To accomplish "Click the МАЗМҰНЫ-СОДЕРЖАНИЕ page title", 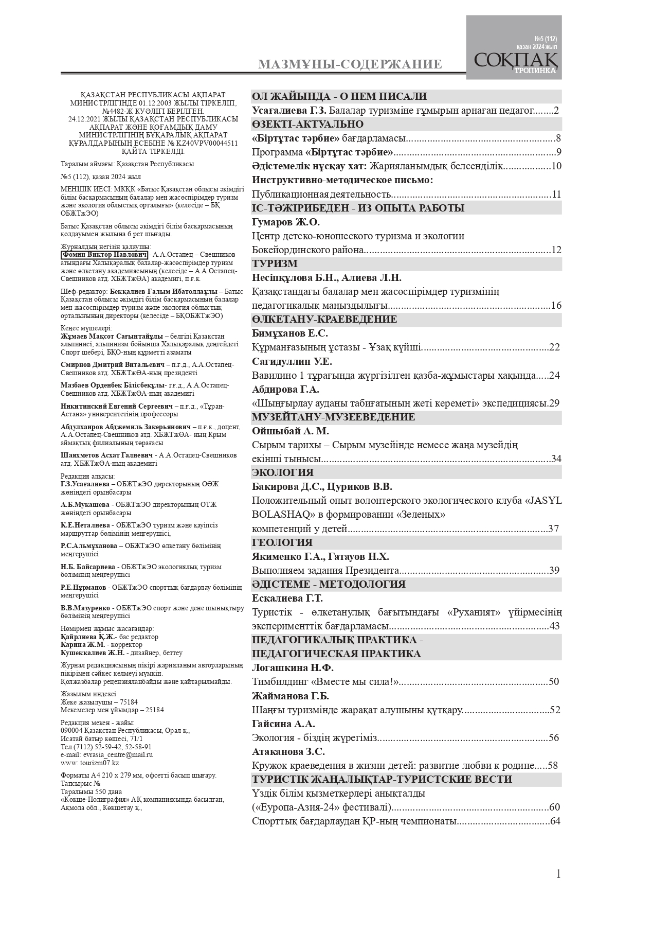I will [x=350, y=64].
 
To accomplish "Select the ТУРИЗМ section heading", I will [x=275, y=264].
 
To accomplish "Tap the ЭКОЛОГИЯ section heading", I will [x=283, y=472].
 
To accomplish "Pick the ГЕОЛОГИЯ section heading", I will [x=282, y=542].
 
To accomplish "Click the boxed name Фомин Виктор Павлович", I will [x=104, y=255].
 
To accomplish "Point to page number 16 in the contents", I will [x=556, y=306].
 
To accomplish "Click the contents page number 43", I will [x=554, y=626].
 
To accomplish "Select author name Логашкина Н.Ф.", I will [x=293, y=668].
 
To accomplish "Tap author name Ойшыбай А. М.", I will [x=291, y=431].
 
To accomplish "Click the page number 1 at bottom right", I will [x=558, y=874].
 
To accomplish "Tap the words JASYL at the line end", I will [x=546, y=501].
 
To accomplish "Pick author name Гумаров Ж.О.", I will [x=286, y=222].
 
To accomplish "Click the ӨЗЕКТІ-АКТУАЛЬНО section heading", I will [x=307, y=125].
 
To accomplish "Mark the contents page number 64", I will [x=555, y=821].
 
